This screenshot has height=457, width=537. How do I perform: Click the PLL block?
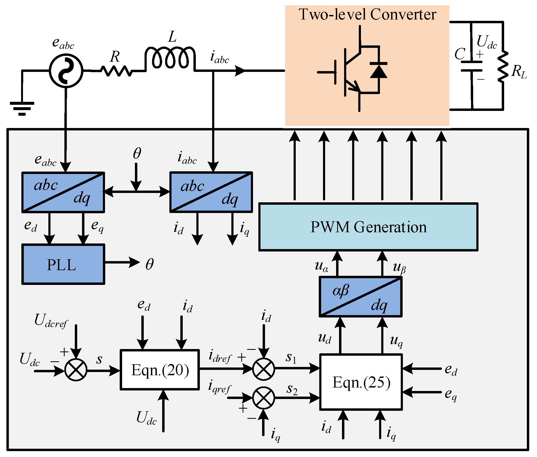(x=63, y=264)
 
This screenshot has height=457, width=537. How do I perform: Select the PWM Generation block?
(x=368, y=227)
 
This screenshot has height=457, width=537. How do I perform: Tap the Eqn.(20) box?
(x=160, y=370)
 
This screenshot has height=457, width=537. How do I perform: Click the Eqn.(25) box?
(x=361, y=382)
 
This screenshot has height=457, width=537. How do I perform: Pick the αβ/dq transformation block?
(x=361, y=297)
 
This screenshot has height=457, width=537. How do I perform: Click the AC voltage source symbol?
(x=66, y=71)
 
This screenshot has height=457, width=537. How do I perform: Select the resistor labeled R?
(x=116, y=71)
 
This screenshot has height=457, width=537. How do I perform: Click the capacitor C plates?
(x=472, y=66)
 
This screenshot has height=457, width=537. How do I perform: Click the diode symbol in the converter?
(x=378, y=71)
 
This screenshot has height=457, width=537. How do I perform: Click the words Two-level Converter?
(x=367, y=14)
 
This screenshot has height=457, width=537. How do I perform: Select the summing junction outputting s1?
(x=263, y=369)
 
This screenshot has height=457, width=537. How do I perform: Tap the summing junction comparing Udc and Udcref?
(x=76, y=370)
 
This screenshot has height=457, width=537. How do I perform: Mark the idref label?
(x=220, y=357)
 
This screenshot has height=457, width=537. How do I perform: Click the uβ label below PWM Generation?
(x=399, y=268)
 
